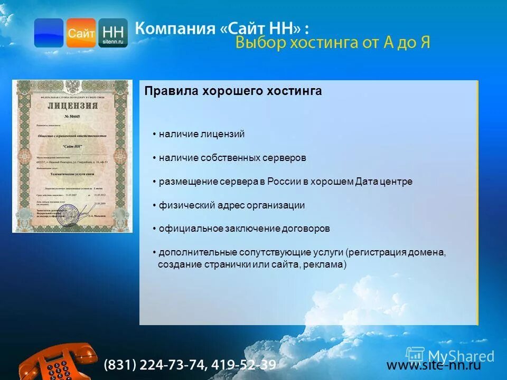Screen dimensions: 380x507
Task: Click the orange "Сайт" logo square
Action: coord(81,33)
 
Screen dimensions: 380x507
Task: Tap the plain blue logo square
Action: coord(49,33)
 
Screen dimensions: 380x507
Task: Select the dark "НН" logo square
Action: coord(113,33)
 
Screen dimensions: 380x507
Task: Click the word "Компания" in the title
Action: coord(174,28)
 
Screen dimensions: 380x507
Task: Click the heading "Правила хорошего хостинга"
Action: coord(233,91)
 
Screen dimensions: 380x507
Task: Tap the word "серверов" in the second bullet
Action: coord(285,158)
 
